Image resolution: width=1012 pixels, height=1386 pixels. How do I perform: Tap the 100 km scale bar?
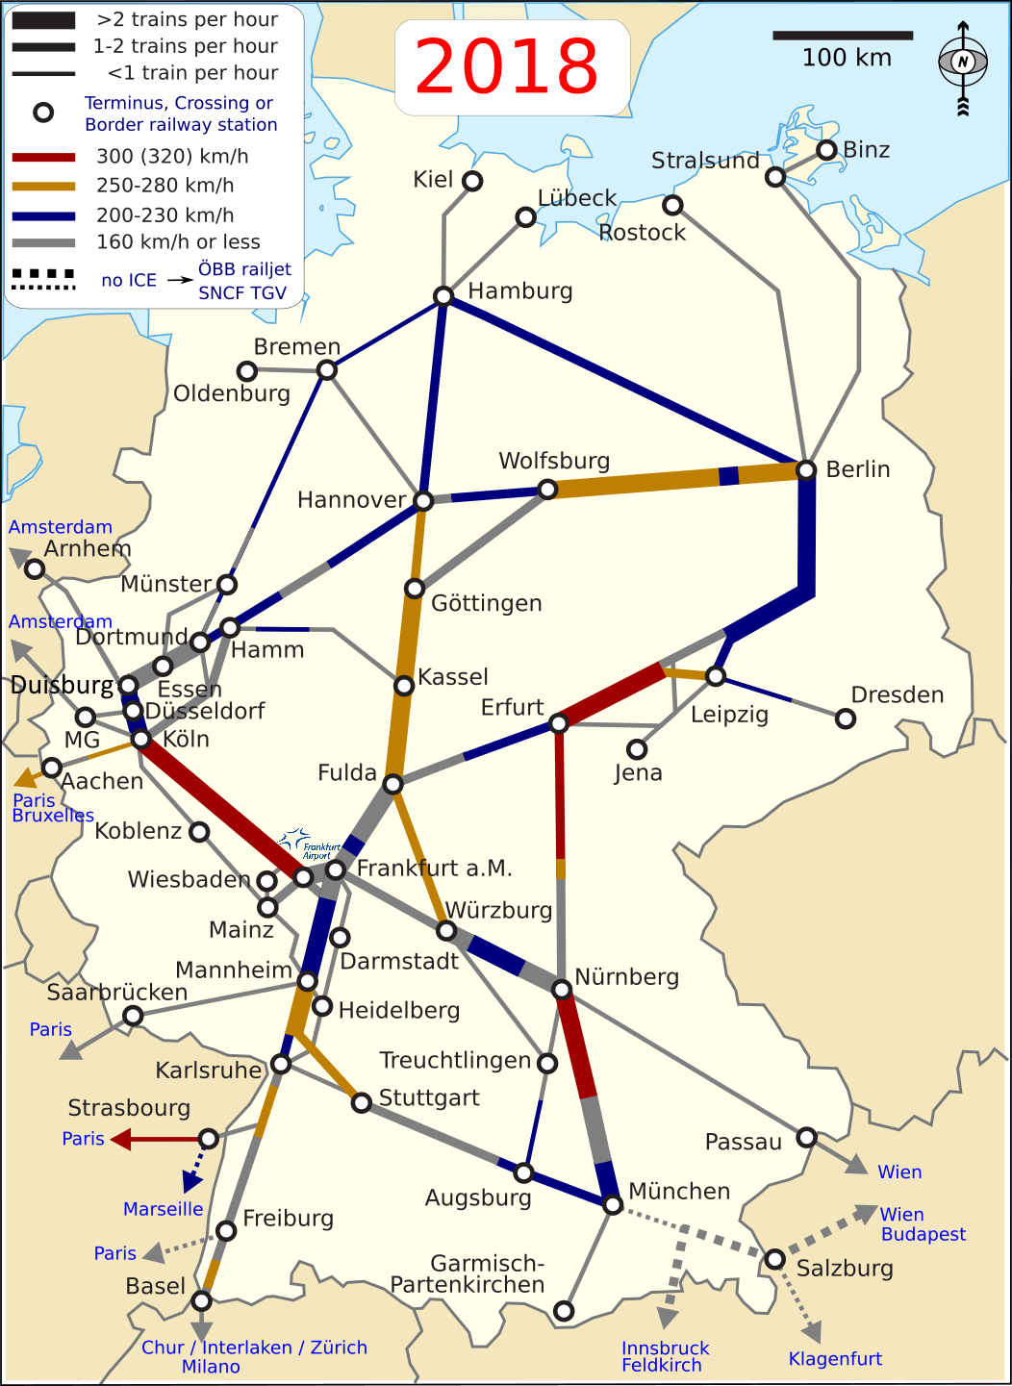click(x=843, y=36)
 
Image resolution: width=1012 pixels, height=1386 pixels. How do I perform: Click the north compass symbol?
click(x=963, y=63)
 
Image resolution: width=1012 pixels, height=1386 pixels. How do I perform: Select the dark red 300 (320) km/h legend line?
click(x=43, y=157)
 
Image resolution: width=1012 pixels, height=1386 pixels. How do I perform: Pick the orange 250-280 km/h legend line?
click(x=43, y=186)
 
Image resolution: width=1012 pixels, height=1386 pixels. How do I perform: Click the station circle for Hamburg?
click(x=443, y=296)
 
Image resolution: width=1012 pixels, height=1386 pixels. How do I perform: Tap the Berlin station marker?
click(x=806, y=469)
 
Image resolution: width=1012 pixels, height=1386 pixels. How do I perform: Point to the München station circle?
click(x=613, y=1204)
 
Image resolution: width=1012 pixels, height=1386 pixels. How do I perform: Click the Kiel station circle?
click(x=472, y=181)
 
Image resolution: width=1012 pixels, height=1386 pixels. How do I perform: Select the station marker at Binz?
click(x=826, y=150)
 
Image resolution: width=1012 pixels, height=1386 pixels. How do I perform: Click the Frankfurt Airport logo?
click(x=310, y=844)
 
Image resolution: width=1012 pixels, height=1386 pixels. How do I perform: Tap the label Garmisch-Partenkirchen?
click(x=468, y=1274)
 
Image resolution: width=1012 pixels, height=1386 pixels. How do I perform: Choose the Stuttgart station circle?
click(x=361, y=1102)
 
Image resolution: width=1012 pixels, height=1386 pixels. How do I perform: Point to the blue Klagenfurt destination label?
click(x=835, y=1359)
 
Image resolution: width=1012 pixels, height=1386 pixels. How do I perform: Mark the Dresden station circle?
click(x=846, y=718)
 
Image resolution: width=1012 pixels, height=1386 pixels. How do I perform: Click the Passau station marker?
click(x=807, y=1138)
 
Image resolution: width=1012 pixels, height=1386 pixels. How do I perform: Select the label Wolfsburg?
click(x=554, y=461)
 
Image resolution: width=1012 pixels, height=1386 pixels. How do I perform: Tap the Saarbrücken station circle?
click(x=133, y=1016)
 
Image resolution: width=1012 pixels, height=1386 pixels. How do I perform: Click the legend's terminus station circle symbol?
click(x=43, y=113)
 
